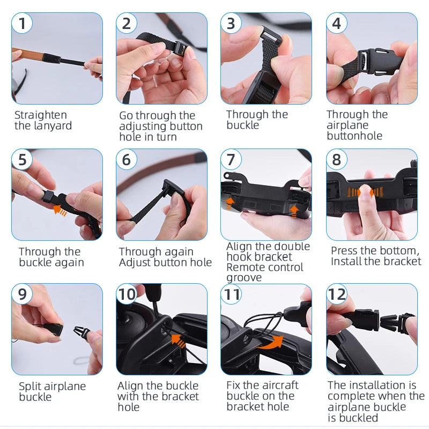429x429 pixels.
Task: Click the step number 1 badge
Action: click(22, 24)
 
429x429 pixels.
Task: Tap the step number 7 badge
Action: click(231, 160)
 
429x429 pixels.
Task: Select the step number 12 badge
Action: click(337, 294)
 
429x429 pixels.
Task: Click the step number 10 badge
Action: click(127, 294)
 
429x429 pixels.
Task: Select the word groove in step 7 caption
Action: click(244, 278)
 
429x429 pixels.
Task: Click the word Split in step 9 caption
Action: click(29, 386)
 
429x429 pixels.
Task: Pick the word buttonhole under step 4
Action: click(354, 136)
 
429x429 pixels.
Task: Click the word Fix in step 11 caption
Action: click(234, 386)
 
